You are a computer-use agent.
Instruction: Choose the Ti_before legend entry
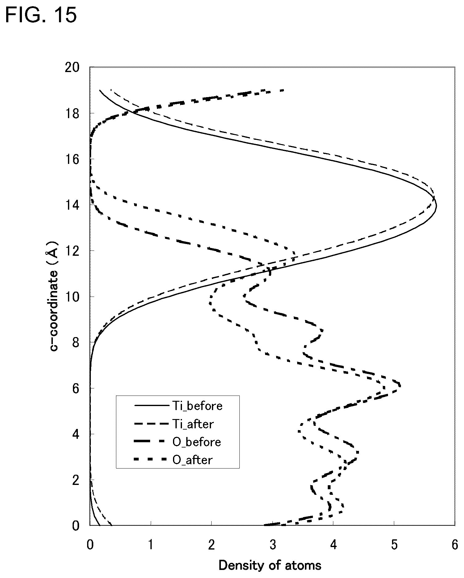coord(179,405)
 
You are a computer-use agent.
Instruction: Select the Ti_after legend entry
coord(174,424)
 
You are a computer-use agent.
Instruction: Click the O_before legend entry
coord(178,442)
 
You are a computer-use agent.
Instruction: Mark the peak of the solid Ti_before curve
coord(436,207)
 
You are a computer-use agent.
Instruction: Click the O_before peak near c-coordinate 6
coord(400,385)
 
